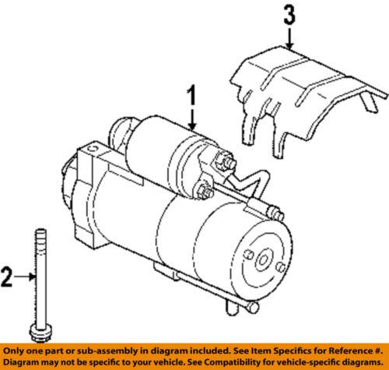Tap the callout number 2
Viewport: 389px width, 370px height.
(x=10, y=275)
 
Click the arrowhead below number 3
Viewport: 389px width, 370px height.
(x=290, y=48)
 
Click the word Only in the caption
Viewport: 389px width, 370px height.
(x=15, y=351)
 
